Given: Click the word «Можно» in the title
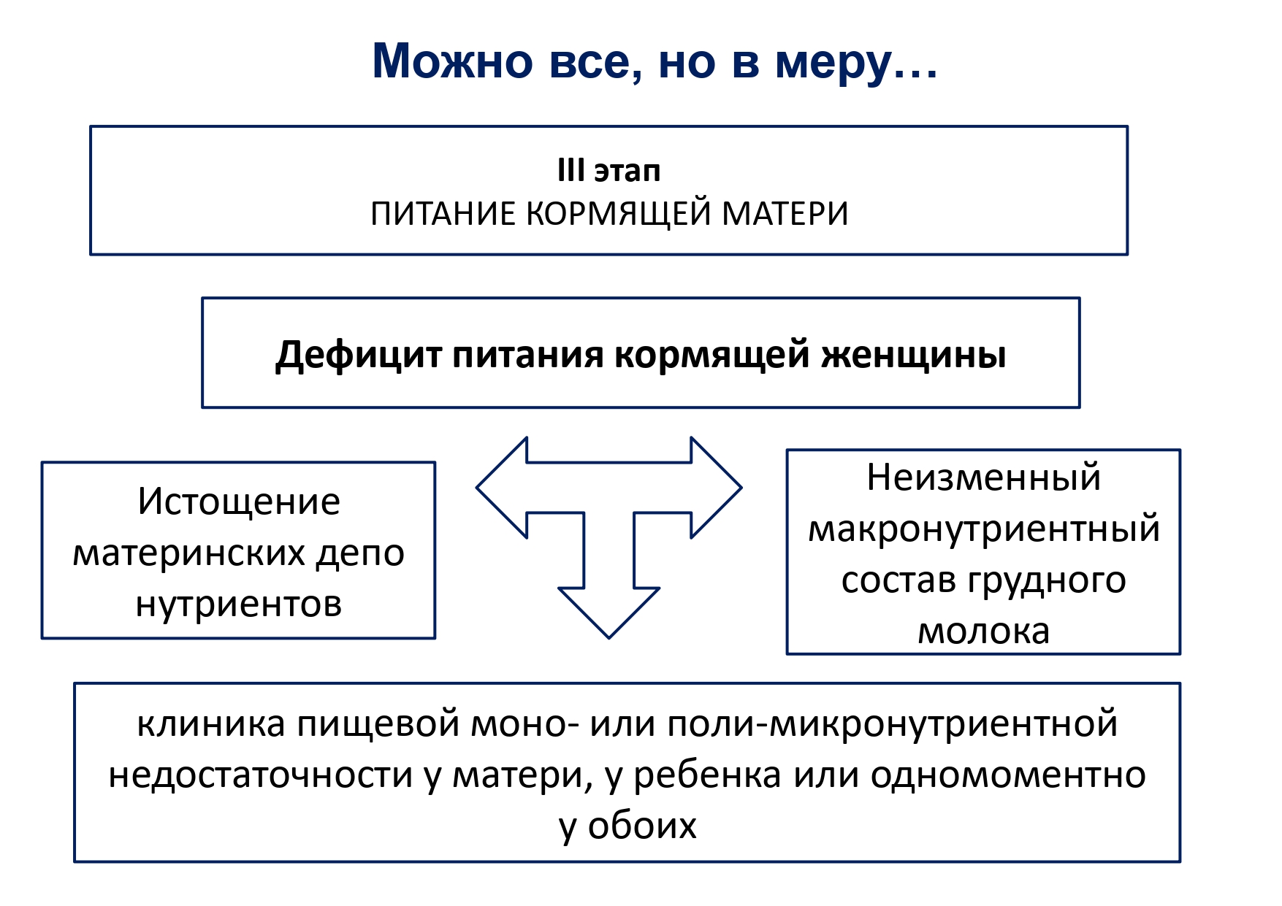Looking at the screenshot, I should click(452, 61).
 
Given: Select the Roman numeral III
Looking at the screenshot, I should click(571, 171).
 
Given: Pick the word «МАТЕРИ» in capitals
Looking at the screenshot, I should click(785, 215).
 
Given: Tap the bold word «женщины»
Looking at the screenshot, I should click(913, 356).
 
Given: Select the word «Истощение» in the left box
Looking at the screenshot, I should click(239, 502).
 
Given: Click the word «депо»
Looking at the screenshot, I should click(360, 553).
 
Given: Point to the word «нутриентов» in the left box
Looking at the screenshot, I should click(239, 604).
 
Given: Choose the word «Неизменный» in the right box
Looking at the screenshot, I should click(983, 478).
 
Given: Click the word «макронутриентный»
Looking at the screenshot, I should click(983, 529).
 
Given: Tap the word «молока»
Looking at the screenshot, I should click(983, 631).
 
